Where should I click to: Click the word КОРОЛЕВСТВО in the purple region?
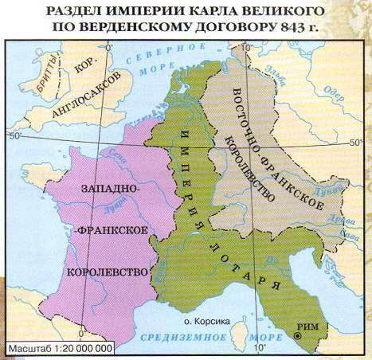pos(111,272)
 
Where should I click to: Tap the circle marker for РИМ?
pos(297,336)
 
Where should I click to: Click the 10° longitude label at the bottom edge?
pos(258,348)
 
